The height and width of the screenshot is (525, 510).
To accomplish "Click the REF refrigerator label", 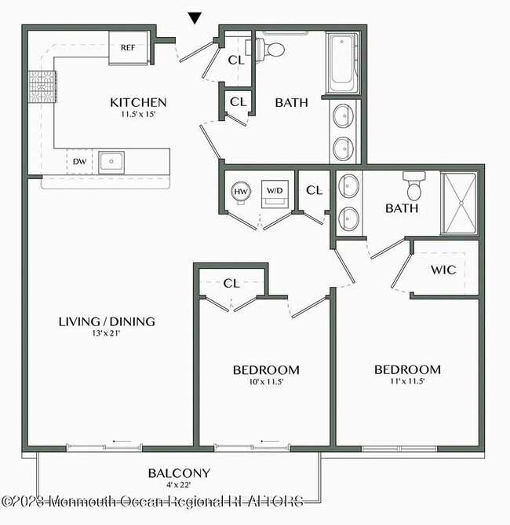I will [x=129, y=46].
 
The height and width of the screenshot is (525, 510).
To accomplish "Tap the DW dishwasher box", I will [x=79, y=162].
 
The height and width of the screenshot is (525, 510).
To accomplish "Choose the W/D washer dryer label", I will [x=275, y=191].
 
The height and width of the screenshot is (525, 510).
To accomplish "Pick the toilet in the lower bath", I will [x=413, y=188].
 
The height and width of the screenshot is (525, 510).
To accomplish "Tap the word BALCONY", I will [x=179, y=473].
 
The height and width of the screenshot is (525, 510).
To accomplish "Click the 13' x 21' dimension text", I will [x=107, y=333].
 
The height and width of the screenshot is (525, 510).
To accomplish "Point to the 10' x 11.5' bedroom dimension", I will [x=266, y=382].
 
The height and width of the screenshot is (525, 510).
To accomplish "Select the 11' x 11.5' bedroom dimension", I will [x=406, y=382].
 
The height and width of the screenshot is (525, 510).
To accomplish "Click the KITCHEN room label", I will [x=138, y=102].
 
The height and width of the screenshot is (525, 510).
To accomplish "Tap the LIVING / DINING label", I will [x=107, y=321].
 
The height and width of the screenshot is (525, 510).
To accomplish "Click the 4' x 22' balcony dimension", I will [x=179, y=486].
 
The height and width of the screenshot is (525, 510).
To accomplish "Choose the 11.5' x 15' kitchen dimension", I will [x=138, y=115].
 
